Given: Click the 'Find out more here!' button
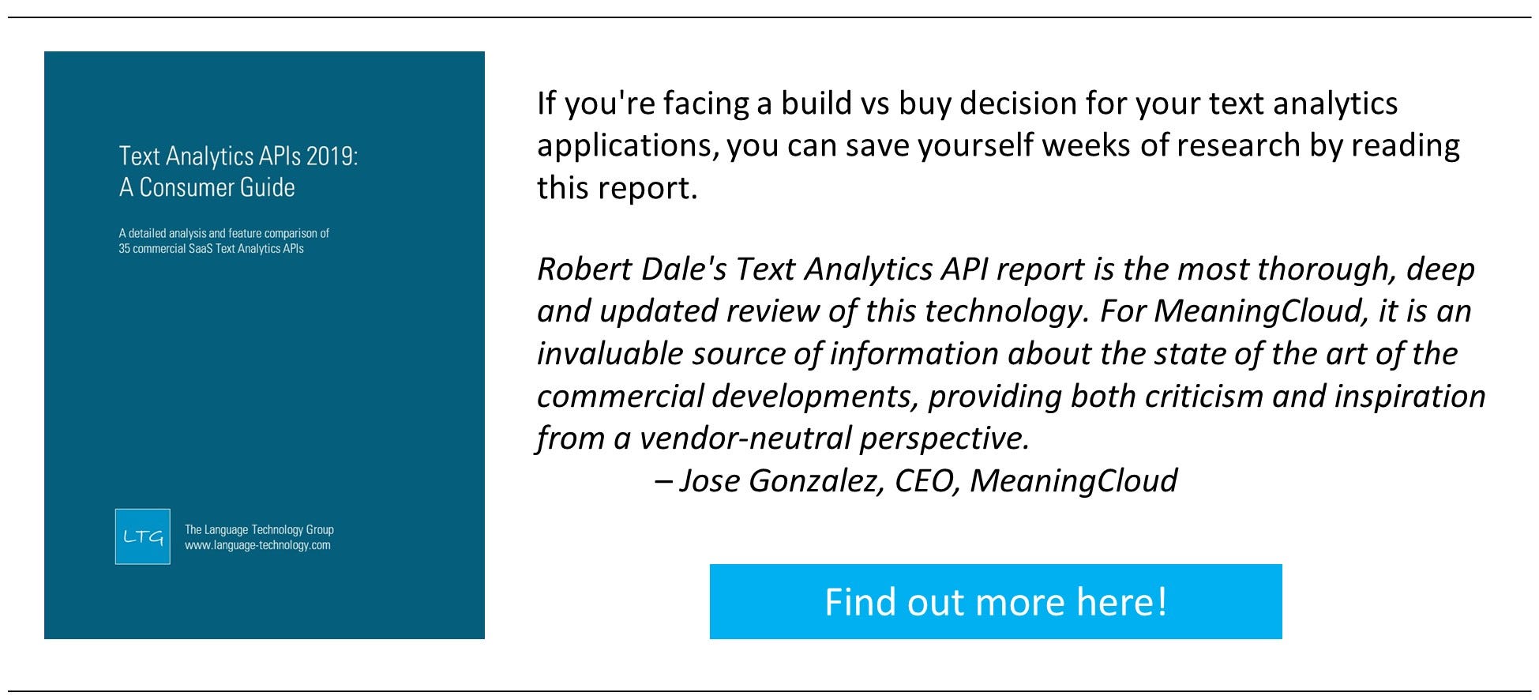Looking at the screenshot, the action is click(996, 601).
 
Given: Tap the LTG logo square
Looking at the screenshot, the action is click(143, 536).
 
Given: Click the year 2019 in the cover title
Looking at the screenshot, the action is click(332, 156).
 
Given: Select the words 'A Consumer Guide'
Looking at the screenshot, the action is click(207, 187).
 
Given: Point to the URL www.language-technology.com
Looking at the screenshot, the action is click(257, 545).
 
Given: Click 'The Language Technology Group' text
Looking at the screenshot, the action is click(259, 529).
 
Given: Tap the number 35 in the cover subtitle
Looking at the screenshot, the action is click(125, 249).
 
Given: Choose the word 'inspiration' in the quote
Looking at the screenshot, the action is click(1409, 397).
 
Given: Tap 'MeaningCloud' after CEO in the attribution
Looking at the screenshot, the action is click(1073, 481).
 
